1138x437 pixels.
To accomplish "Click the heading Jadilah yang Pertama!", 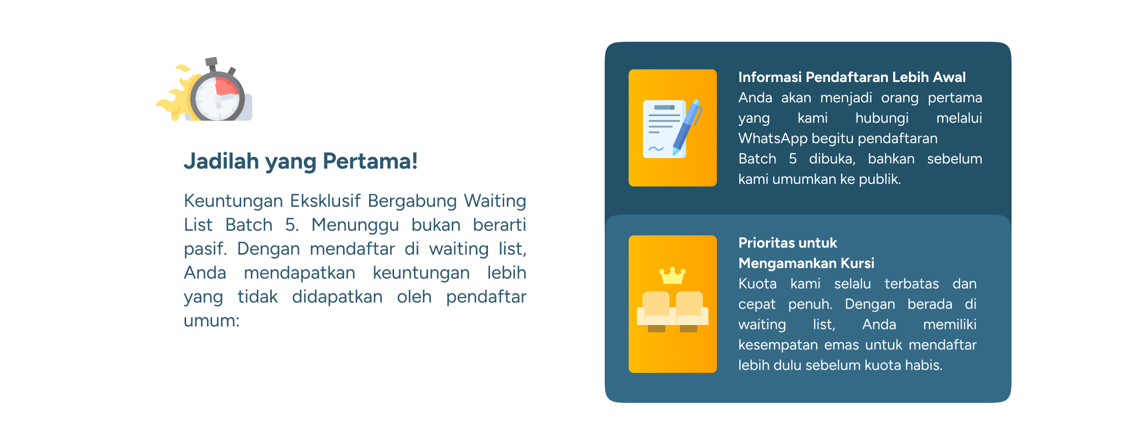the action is [301, 161].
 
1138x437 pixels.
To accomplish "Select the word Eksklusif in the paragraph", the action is [325, 201].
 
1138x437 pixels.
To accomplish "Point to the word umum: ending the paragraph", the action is [212, 321].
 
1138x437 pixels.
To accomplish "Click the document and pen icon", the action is [673, 128].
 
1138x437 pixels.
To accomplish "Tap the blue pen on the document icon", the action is [687, 127].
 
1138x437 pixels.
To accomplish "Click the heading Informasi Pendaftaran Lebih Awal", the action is [852, 77].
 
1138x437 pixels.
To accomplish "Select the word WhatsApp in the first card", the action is [773, 139].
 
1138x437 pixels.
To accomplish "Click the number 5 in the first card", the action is [793, 159].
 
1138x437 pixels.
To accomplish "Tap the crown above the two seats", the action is [673, 276].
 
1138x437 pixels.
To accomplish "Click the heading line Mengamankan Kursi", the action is [807, 263].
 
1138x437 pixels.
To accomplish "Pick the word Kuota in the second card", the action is [758, 284].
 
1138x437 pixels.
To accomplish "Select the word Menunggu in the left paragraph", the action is [355, 225].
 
